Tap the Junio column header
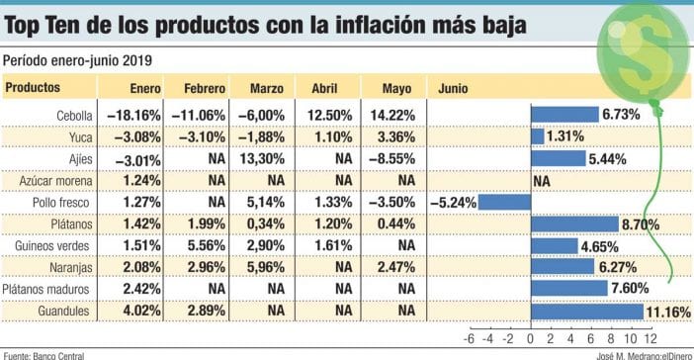453,88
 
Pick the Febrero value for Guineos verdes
204,245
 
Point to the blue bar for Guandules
587,311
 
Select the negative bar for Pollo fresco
506,202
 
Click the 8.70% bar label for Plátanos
641,225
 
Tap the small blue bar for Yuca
539,136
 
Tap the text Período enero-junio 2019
71,60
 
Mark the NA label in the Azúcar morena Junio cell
541,181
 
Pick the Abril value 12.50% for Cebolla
327,115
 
